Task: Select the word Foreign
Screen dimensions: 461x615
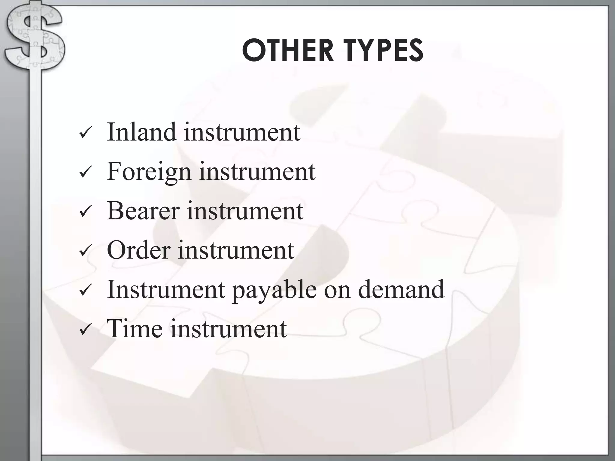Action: pos(149,172)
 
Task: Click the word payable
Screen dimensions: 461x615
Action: pos(274,290)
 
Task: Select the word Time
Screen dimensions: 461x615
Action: pos(135,329)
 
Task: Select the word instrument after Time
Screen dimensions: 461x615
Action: pos(229,329)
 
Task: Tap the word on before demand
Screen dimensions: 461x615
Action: pos(337,290)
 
